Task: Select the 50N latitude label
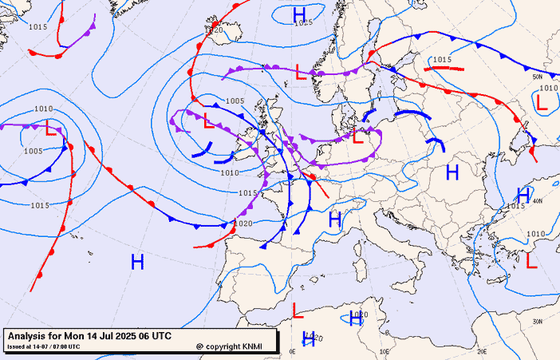point(537,77)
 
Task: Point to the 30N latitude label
point(538,321)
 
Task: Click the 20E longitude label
point(482,351)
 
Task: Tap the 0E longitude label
point(292,351)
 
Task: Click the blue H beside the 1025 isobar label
point(299,14)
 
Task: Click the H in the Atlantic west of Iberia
point(137,260)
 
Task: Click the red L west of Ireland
point(208,121)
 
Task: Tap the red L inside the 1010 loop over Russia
point(542,102)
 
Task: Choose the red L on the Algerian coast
point(298,310)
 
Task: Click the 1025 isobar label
point(303,23)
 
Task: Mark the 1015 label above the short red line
point(443,60)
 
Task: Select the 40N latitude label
point(537,200)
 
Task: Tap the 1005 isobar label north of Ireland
point(235,101)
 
